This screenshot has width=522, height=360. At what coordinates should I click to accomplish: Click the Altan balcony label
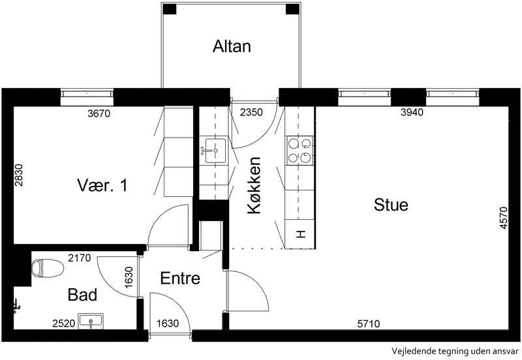(x=232, y=46)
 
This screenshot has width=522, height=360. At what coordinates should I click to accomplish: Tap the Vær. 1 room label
(x=102, y=185)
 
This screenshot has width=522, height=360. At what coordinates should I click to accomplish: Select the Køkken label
(x=254, y=185)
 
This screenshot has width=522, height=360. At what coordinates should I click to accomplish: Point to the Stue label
(x=391, y=205)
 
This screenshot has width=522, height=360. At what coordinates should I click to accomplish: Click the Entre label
(x=180, y=278)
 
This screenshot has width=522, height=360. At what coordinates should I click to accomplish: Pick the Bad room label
(x=82, y=295)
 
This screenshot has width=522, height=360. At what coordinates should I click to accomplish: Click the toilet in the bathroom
(x=48, y=268)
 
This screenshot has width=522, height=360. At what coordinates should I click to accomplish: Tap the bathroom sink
(x=91, y=321)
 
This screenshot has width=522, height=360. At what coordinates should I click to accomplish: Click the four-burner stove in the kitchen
(x=299, y=151)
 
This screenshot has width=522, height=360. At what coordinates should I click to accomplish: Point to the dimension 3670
(x=99, y=113)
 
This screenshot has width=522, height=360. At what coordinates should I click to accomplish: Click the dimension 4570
(x=504, y=218)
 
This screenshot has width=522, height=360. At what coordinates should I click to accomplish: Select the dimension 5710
(x=369, y=323)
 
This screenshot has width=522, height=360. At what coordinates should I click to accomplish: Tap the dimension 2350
(x=251, y=112)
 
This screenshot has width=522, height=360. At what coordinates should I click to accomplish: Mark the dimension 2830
(x=19, y=175)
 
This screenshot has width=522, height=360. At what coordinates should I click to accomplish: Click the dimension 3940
(x=412, y=112)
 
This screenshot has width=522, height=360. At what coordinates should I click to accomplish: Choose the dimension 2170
(x=79, y=258)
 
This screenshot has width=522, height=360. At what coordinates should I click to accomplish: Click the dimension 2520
(x=63, y=323)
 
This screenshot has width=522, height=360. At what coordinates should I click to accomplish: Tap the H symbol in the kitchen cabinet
(x=301, y=234)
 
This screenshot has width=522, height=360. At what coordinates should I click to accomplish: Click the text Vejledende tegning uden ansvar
(x=455, y=351)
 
